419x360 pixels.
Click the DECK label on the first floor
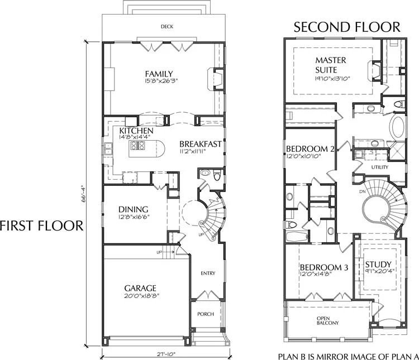point(165,26)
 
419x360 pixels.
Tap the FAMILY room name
point(159,74)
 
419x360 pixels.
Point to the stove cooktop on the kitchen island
point(138,146)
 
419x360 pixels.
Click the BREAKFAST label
point(201,143)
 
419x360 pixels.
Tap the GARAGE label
point(140,288)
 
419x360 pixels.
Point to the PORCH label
point(206,314)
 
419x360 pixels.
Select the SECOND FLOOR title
point(347,27)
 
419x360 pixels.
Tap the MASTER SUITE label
point(331,65)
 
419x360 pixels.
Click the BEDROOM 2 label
point(310,149)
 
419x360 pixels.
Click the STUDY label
point(378,264)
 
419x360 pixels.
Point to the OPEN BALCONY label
point(328,321)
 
